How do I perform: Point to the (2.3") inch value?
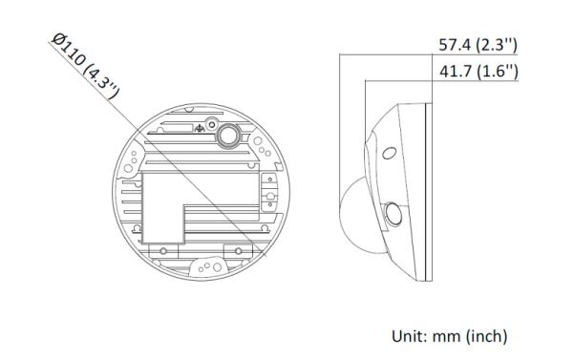pos(495,46)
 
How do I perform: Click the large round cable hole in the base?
pos(226,136)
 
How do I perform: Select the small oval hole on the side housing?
pos(387,153)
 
